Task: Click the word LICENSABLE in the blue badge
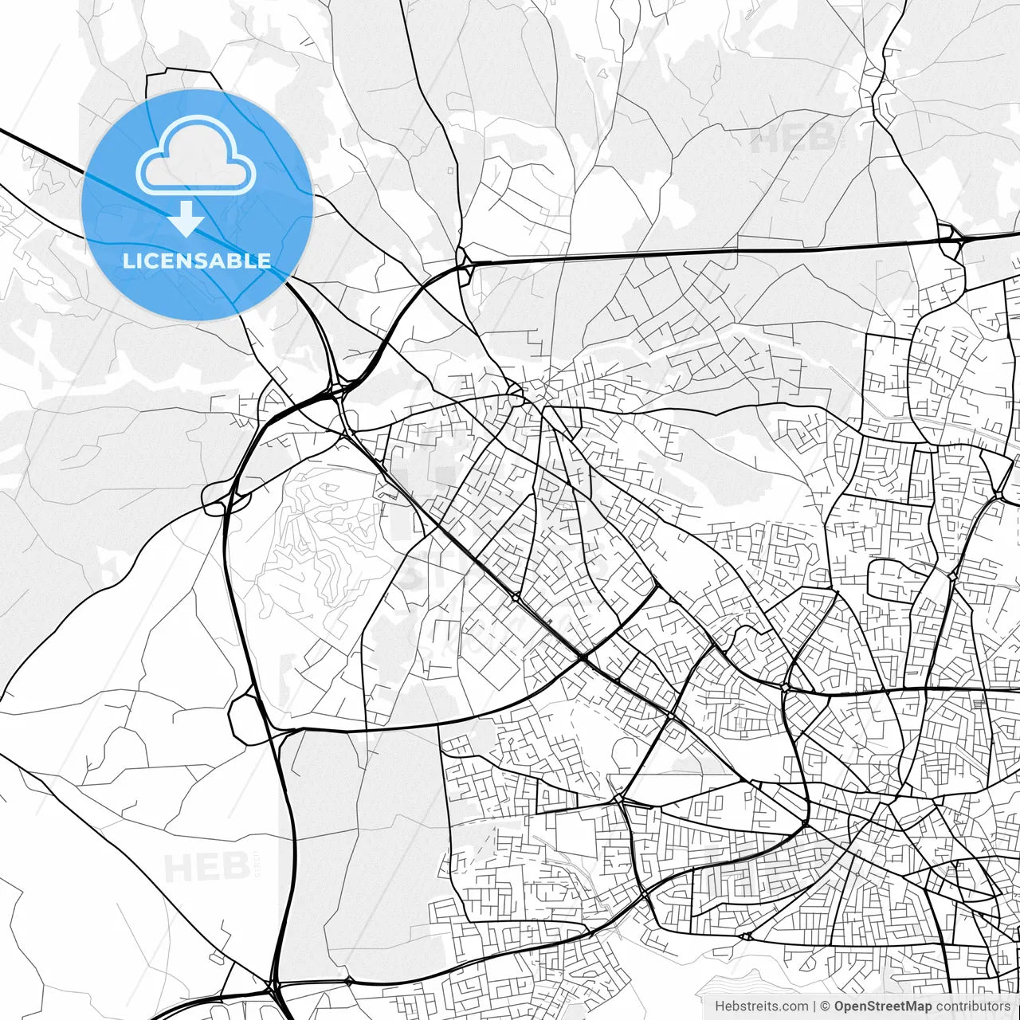(197, 261)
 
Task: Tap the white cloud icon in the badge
(196, 157)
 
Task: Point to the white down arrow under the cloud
(186, 219)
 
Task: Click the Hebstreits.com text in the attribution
(761, 1006)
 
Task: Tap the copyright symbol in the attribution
(826, 1006)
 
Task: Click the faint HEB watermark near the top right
(793, 139)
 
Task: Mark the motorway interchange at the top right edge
(950, 238)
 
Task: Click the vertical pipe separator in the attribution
(814, 1006)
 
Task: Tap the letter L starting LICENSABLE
(128, 261)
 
